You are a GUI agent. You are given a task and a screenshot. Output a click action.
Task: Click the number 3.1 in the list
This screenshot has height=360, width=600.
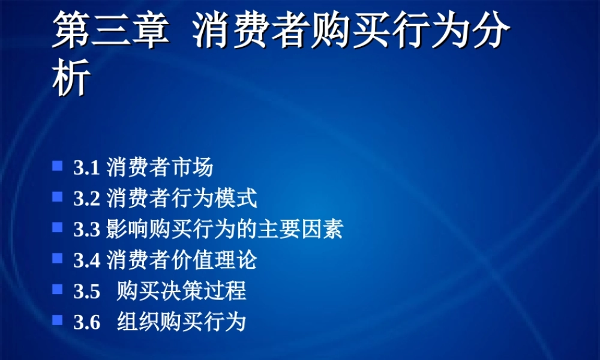[86, 167]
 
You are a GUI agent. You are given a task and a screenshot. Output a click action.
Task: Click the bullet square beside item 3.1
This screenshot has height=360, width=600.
[58, 165]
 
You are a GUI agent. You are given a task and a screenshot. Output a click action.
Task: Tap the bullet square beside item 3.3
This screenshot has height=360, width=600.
[58, 227]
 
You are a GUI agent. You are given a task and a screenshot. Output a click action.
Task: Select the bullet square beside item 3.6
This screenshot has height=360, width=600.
[58, 320]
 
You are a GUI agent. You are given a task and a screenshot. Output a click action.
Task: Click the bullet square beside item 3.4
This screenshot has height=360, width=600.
[58, 259]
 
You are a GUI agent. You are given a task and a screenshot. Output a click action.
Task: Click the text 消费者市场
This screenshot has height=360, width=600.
[160, 167]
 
